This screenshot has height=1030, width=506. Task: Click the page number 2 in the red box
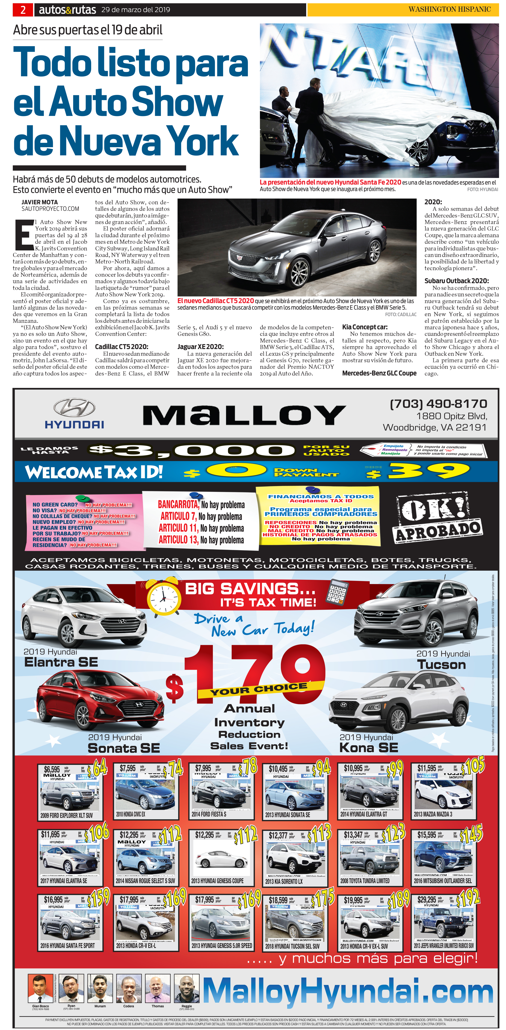[x=23, y=10]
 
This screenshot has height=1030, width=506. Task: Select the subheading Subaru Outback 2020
[x=456, y=281]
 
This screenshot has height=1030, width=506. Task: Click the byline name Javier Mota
[x=40, y=202]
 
